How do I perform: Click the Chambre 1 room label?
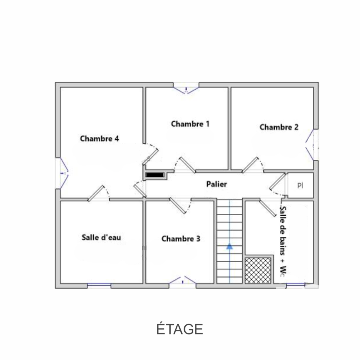tap(190, 124)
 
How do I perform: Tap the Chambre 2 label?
tap(279, 127)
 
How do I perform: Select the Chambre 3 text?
tap(181, 239)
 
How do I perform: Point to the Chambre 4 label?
tap(99, 139)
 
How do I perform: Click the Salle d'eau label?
tap(101, 238)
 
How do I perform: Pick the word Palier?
tap(216, 184)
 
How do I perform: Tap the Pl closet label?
tap(300, 186)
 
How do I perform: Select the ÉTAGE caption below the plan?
tap(180, 329)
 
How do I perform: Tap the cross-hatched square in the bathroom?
tap(258, 270)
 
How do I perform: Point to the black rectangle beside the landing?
tap(155, 175)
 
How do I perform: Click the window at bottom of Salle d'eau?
tap(99, 285)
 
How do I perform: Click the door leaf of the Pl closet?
tap(277, 182)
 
